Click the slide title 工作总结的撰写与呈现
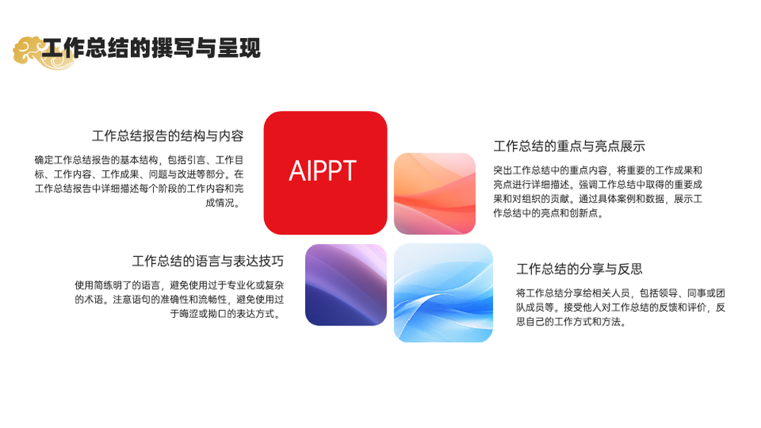(151, 48)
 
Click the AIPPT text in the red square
(323, 171)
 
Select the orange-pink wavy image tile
(435, 194)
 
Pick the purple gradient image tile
(345, 285)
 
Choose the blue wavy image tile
(443, 293)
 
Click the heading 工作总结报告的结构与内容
(168, 136)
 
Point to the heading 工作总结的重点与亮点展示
(569, 146)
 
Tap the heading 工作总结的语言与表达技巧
(208, 262)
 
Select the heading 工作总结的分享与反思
(579, 269)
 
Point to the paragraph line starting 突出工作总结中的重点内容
(598, 170)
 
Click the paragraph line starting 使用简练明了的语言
(179, 285)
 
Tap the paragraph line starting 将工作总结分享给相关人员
(621, 293)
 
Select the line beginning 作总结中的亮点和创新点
(549, 213)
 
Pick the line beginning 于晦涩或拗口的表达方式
(226, 314)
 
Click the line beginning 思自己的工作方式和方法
(572, 322)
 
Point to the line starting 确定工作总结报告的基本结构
(139, 160)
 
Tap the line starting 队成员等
(621, 307)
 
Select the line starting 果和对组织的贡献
(598, 198)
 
